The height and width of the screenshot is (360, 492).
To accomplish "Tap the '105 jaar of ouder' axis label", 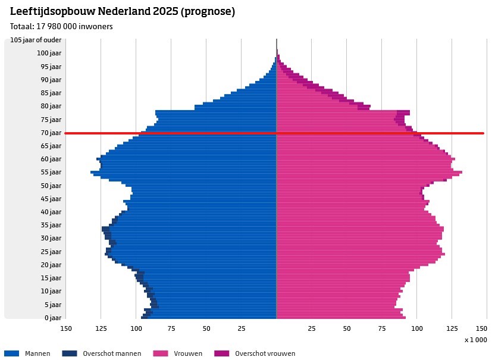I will pyautogui.click(x=36, y=40).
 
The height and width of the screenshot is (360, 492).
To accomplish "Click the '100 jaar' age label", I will pyautogui.click(x=49, y=54).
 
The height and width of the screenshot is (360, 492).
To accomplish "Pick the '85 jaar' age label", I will pyautogui.click(x=51, y=93).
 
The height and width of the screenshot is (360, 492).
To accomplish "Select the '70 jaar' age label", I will pyautogui.click(x=51, y=133).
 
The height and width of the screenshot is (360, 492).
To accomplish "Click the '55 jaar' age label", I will pyautogui.click(x=51, y=172).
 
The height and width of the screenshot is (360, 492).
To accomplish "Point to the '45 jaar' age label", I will pyautogui.click(x=51, y=199).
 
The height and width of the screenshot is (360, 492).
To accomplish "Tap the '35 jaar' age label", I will pyautogui.click(x=51, y=225).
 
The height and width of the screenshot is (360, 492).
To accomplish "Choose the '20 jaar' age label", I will pyautogui.click(x=51, y=265).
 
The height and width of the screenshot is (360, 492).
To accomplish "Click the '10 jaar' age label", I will pyautogui.click(x=51, y=291).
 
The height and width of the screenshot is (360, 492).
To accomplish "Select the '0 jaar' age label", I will pyautogui.click(x=53, y=318).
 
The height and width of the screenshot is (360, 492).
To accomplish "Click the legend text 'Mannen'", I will pyautogui.click(x=37, y=353).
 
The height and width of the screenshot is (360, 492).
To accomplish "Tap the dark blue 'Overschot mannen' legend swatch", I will pyautogui.click(x=70, y=353).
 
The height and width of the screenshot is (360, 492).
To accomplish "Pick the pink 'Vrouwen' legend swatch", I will pyautogui.click(x=161, y=353).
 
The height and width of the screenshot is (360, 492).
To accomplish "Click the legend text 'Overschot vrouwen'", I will pyautogui.click(x=265, y=353).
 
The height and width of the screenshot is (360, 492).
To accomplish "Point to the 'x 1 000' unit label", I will pyautogui.click(x=475, y=340).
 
